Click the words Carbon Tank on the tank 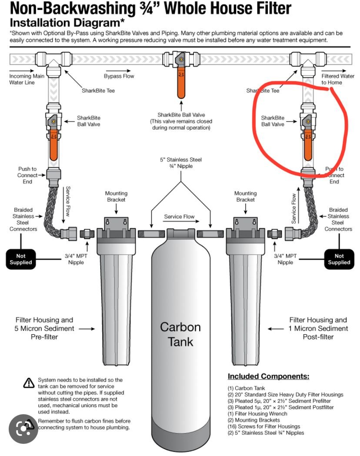(180, 334)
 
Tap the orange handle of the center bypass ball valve (180, 84)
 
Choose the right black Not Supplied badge (339, 259)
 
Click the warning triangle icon (29, 383)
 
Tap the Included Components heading (268, 376)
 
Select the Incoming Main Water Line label (20, 79)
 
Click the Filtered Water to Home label (337, 79)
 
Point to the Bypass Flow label (119, 76)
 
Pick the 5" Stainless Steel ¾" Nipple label (180, 162)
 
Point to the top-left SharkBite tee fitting (54, 59)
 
